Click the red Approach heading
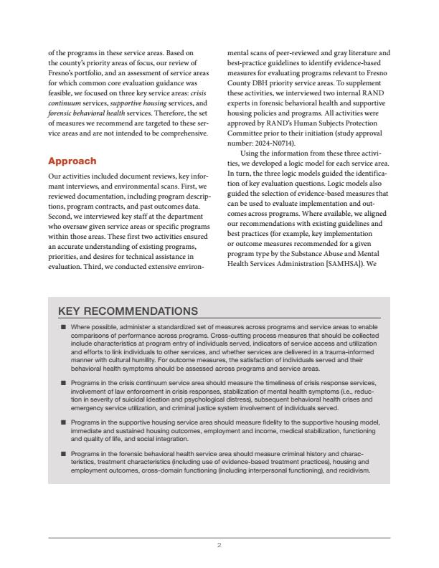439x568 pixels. [72, 161]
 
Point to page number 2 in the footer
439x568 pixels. [219, 546]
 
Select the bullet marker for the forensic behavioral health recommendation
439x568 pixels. [63, 454]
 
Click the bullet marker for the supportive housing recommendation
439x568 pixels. [63, 423]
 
